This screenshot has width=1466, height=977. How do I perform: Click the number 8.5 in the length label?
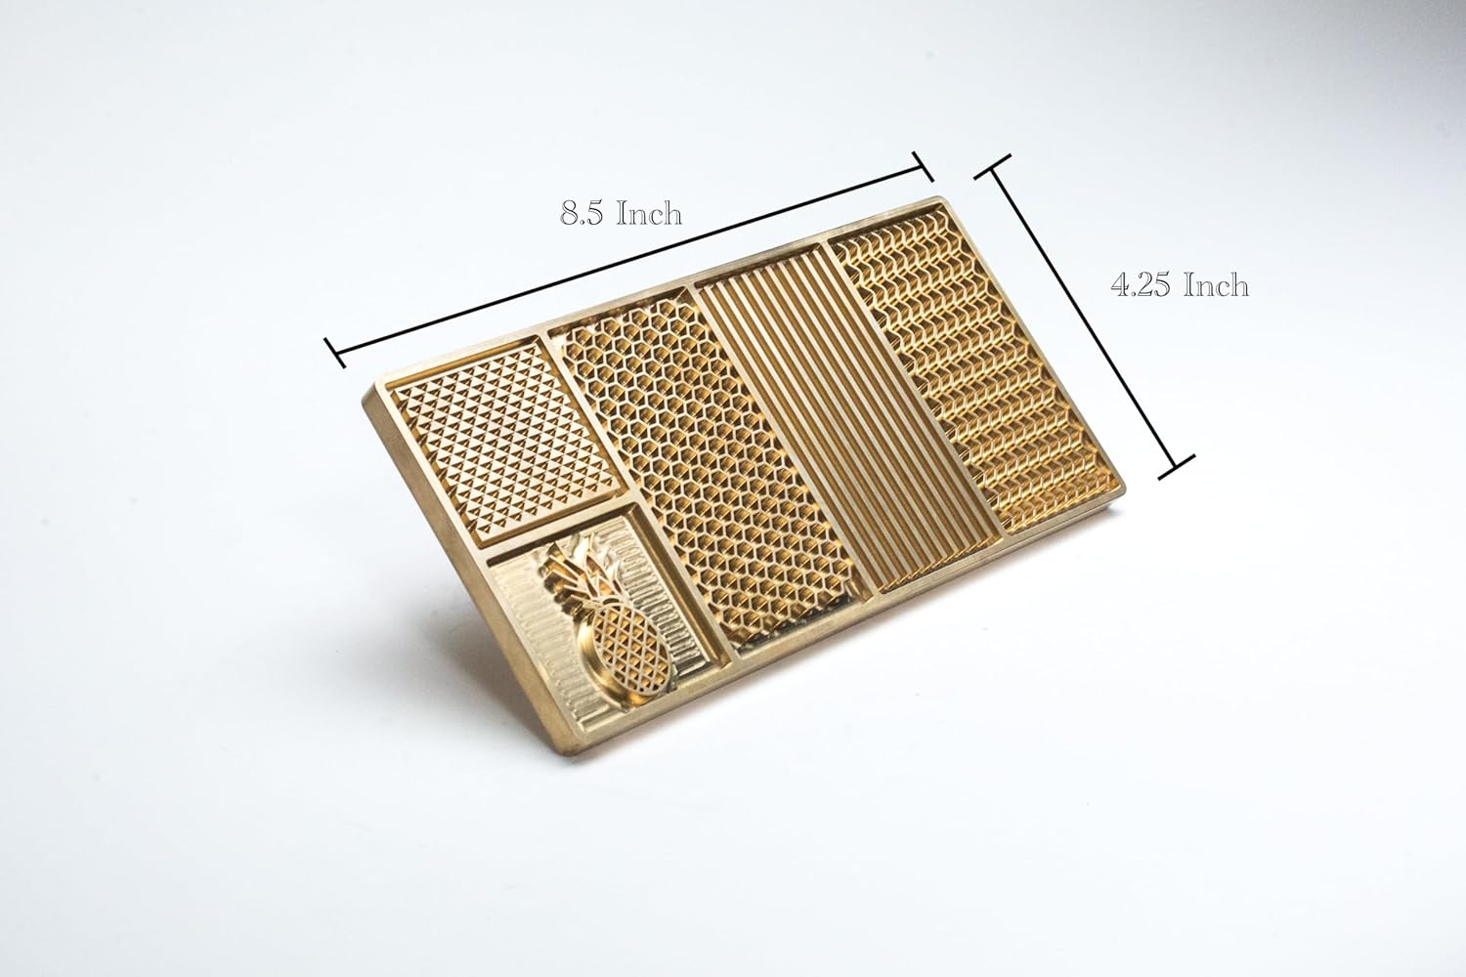(x=582, y=214)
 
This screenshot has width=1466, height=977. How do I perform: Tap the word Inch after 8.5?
(x=647, y=213)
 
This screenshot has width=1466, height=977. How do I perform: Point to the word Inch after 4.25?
(x=1216, y=286)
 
